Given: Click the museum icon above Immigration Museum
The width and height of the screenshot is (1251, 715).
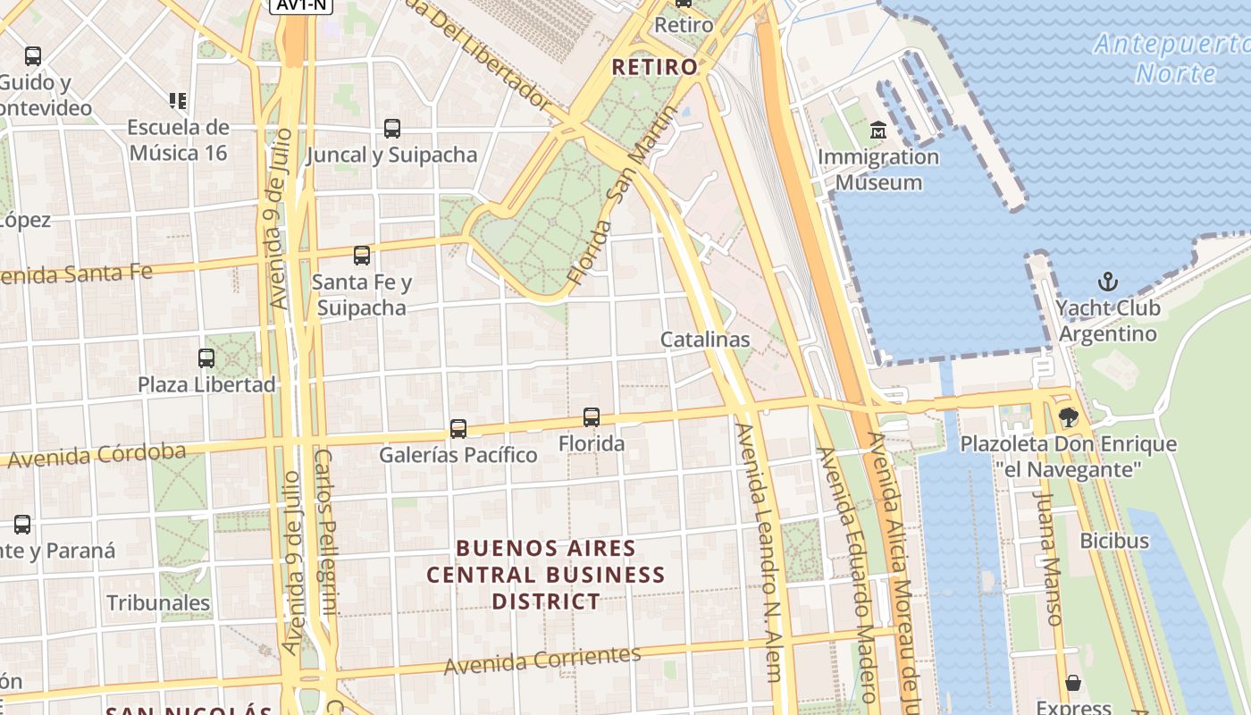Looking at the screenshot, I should pos(877,130).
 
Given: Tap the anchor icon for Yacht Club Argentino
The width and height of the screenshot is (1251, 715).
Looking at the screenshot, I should pos(1107,282).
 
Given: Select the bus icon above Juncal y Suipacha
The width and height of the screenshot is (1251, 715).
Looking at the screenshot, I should pos(391,129).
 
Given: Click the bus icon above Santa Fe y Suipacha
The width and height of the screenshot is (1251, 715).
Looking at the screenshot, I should pos(361,256).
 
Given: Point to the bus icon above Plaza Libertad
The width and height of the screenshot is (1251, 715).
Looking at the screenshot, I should pos(206,358).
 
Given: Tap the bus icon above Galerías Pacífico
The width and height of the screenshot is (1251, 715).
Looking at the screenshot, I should pos(458,429).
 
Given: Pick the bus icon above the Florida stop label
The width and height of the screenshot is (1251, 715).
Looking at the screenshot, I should pos(591,417).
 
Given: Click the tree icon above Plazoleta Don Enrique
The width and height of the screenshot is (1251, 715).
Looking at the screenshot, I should pos(1068,417).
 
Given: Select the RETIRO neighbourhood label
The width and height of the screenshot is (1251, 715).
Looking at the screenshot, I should pos(654,67).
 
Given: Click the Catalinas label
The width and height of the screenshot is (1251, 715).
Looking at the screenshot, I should pos(704,340).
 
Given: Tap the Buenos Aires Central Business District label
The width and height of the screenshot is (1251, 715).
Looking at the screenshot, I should pos(545,575).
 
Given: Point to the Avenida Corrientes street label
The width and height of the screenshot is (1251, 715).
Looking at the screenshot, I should pos(542,660).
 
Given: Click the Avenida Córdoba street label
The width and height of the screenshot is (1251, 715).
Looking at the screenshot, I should pos(97,455).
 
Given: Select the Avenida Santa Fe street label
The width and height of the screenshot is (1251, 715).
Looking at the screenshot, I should pos(76,273).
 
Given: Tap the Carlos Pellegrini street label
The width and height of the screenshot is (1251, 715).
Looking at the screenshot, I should pos(325,532).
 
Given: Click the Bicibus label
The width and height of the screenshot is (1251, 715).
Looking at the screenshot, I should pos(1113,540).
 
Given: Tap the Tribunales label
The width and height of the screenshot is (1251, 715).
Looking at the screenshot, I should pos(158,602).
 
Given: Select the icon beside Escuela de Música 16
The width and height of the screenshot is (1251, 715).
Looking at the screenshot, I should pos(177,101).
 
